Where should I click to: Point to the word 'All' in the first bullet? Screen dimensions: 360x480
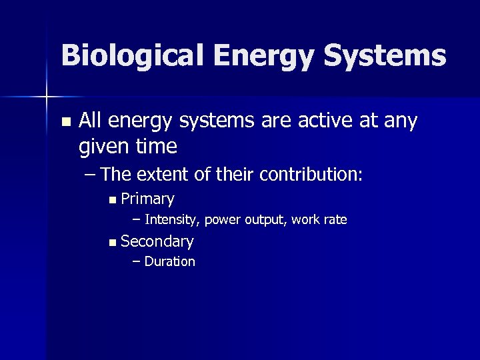tap(91, 121)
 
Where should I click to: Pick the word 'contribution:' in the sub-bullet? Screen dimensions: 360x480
tap(313, 175)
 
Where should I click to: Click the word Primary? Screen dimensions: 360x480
tap(148, 199)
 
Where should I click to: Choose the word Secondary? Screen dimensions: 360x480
tap(157, 241)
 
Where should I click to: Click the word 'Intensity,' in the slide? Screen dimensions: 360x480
tap(173, 220)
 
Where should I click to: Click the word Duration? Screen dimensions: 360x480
tap(169, 262)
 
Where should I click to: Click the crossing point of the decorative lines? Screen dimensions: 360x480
tap(47, 98)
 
